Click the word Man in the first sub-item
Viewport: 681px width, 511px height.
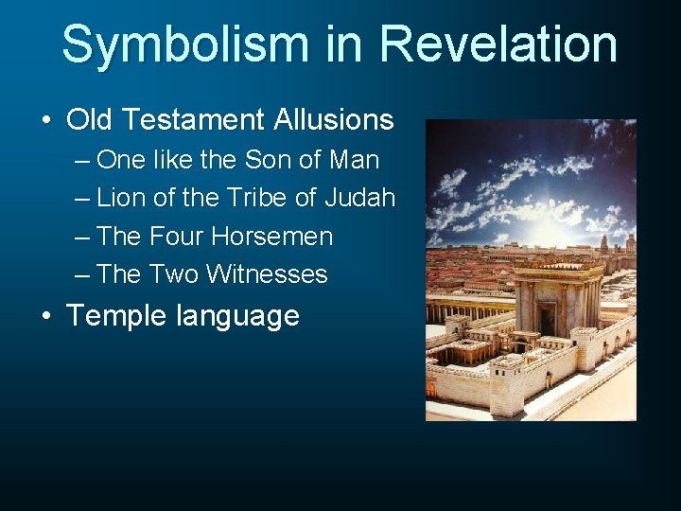click(x=354, y=160)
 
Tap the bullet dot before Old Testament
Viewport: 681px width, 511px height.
click(x=46, y=121)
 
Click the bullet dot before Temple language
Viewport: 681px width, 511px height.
click(x=46, y=316)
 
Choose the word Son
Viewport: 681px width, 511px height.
click(x=271, y=160)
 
